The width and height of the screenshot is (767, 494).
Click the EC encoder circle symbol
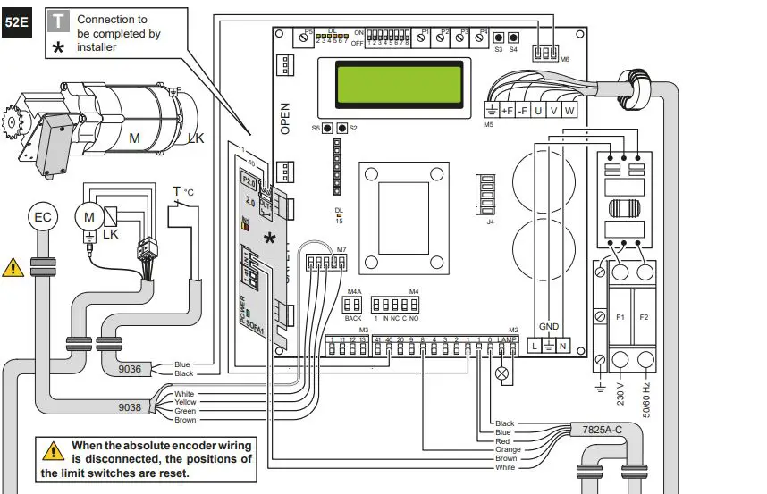point(43,216)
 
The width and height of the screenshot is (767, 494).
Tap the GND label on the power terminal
point(549,327)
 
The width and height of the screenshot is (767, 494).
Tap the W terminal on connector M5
point(569,111)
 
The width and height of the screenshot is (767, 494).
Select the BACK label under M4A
point(353,318)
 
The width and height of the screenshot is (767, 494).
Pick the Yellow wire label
point(185,403)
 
